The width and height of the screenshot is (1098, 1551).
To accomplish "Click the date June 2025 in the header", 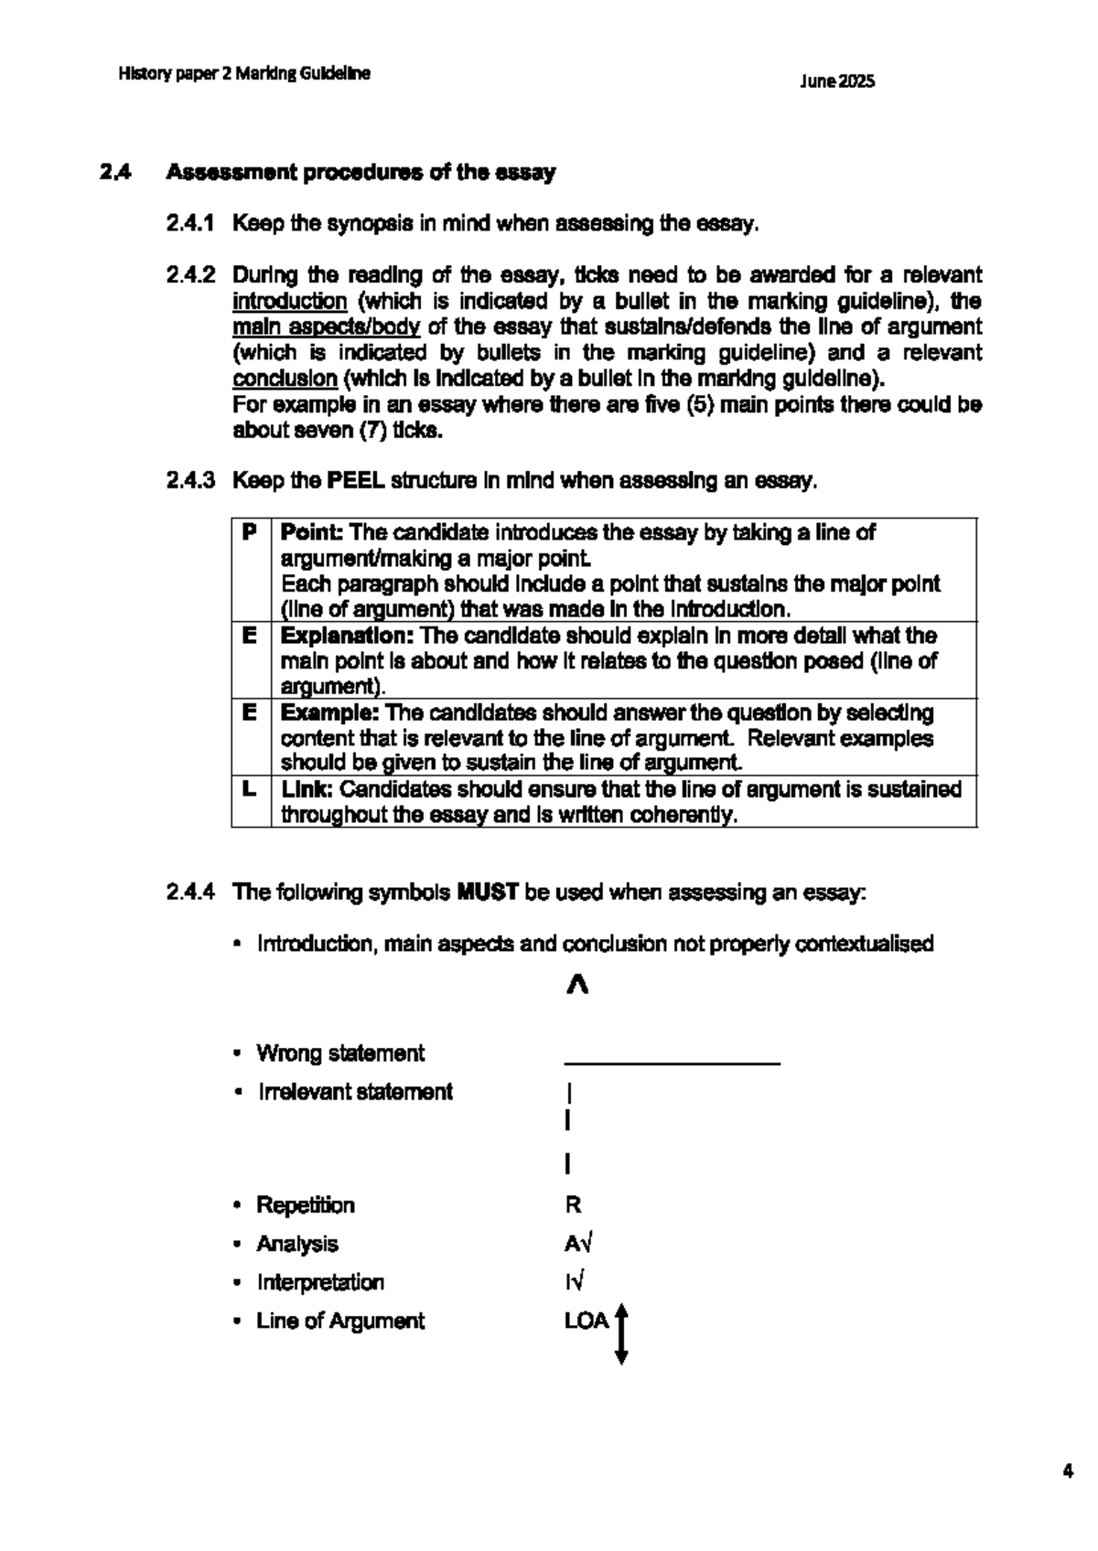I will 836,81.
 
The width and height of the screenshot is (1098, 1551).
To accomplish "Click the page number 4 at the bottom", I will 1067,1471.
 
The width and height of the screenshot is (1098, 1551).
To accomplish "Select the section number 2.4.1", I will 190,224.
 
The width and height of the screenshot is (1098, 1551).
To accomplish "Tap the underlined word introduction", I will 289,302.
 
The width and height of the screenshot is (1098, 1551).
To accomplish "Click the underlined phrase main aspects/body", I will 326,327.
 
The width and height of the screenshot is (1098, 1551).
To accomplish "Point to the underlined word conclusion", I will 285,379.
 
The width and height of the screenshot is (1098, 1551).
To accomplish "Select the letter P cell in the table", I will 250,533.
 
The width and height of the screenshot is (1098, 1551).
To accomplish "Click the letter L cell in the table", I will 250,789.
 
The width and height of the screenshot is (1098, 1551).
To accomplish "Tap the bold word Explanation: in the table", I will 348,636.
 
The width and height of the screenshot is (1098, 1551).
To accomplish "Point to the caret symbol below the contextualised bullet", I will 576,986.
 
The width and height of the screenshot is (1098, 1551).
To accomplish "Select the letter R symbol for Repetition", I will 573,1205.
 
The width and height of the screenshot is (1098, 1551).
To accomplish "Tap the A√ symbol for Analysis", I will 579,1245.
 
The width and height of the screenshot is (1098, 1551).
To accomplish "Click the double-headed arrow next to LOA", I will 621,1335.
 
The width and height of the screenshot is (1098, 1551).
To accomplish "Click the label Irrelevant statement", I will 355,1092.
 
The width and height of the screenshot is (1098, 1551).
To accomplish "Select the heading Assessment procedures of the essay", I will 361,173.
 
